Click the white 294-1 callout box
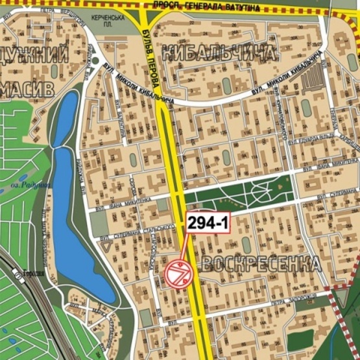[208, 222]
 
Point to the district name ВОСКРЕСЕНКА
[261, 265]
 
